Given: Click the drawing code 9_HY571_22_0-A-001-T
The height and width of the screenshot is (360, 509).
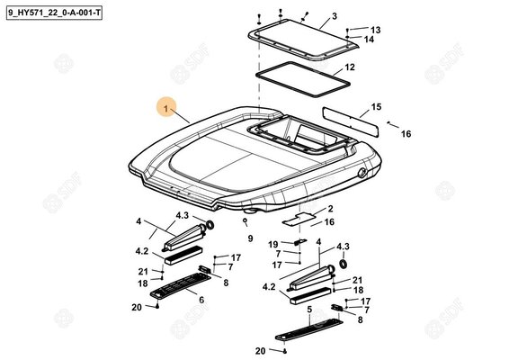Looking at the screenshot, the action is [54, 13].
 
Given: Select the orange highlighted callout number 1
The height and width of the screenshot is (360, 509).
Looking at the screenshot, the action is [166, 108].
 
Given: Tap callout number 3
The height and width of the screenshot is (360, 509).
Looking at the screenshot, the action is [334, 16].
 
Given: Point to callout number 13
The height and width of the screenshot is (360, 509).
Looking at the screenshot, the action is [375, 30].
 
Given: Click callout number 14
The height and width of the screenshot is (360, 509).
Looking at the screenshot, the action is [369, 40].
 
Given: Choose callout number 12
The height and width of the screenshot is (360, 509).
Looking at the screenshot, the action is [350, 67].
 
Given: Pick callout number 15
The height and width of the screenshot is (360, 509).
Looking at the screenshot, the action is [376, 106].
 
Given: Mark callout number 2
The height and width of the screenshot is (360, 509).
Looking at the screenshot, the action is [330, 209].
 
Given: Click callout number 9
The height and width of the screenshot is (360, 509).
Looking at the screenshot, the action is [250, 238].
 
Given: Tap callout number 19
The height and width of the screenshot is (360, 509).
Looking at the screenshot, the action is [273, 244].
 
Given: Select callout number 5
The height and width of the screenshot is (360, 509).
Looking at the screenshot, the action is [309, 310].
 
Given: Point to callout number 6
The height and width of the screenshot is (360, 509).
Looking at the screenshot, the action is [201, 300].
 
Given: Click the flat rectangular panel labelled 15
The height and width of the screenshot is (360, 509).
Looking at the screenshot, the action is [351, 121].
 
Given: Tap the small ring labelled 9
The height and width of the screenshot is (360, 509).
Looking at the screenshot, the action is [246, 220].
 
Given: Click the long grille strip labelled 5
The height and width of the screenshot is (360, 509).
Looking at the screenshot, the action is [309, 329].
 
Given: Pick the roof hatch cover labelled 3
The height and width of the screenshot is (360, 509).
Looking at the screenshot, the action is [304, 40].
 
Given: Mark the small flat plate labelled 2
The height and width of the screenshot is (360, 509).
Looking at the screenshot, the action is [299, 219].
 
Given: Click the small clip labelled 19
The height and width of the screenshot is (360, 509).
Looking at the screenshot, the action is [300, 242].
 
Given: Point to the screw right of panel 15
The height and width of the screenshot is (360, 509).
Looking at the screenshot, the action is [388, 122].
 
